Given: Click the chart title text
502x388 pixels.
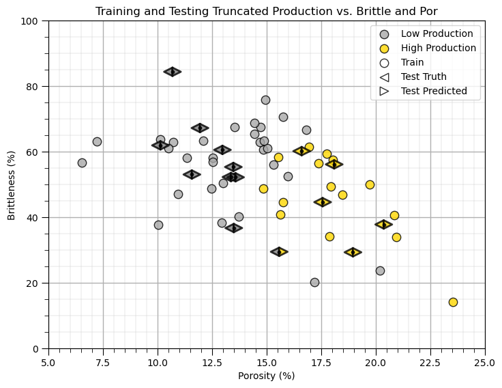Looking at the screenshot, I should tap(266, 12).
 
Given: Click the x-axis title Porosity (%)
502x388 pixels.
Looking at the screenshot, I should tap(266, 376).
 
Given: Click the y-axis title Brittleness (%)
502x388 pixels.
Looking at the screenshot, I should tap(12, 184).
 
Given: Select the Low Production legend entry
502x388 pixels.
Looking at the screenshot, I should tap(437, 33).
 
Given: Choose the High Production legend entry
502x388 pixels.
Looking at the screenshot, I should tap(438, 48).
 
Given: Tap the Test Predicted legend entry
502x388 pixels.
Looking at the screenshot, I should tap(434, 91).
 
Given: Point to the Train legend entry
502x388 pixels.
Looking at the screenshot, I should tap(412, 62).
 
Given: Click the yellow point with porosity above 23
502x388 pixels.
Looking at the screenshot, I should tap(453, 302).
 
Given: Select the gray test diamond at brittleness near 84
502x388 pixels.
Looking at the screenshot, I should tap(173, 72).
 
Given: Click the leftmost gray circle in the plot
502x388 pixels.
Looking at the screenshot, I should tap(82, 163).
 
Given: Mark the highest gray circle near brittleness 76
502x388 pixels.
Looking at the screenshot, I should tap(265, 100).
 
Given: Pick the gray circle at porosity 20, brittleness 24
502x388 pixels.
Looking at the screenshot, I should tap(380, 271).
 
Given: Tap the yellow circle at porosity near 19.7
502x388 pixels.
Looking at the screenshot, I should tap(370, 184).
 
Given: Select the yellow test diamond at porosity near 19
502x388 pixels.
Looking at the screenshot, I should tap(353, 252).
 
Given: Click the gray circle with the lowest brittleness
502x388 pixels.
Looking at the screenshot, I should tap(314, 282).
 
